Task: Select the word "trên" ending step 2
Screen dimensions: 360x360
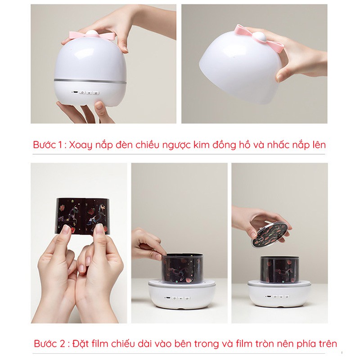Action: click(x=327, y=344)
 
